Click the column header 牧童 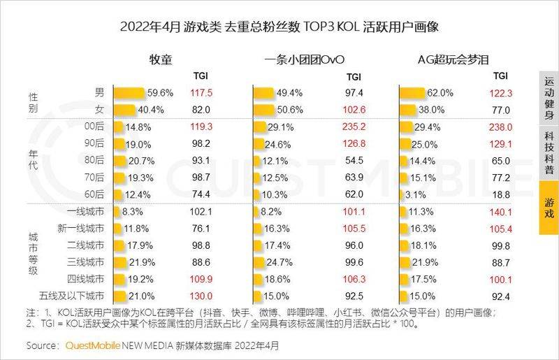[161, 59]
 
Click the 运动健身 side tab [549, 98]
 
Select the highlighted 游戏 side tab [549, 208]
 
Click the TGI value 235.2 [354, 127]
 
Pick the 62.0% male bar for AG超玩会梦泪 [412, 93]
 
